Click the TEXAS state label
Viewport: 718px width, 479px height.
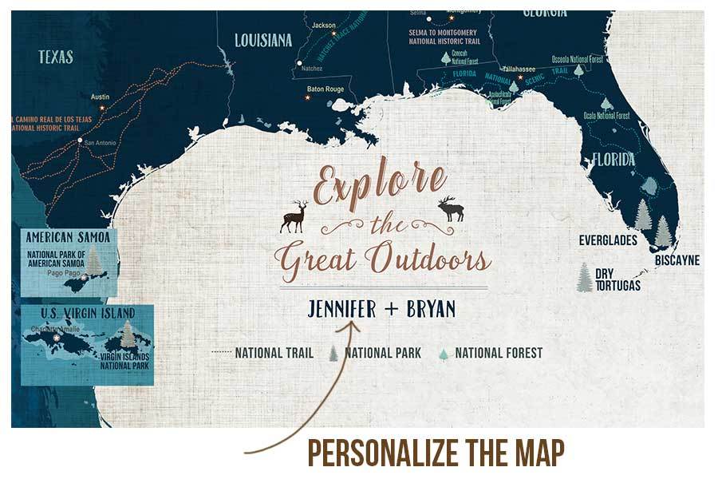[x=55, y=57]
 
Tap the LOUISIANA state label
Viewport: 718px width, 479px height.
[x=263, y=40]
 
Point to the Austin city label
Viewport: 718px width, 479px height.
[x=100, y=97]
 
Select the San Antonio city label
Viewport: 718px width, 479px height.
[x=101, y=143]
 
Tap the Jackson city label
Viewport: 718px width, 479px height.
[x=324, y=26]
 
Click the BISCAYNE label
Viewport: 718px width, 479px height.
[x=677, y=260]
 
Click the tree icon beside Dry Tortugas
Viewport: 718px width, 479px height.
[x=585, y=277]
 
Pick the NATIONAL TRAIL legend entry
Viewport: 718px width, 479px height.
[x=274, y=353]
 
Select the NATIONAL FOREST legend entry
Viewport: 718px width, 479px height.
[x=499, y=353]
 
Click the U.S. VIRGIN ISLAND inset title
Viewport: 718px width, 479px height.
[x=77, y=312]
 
